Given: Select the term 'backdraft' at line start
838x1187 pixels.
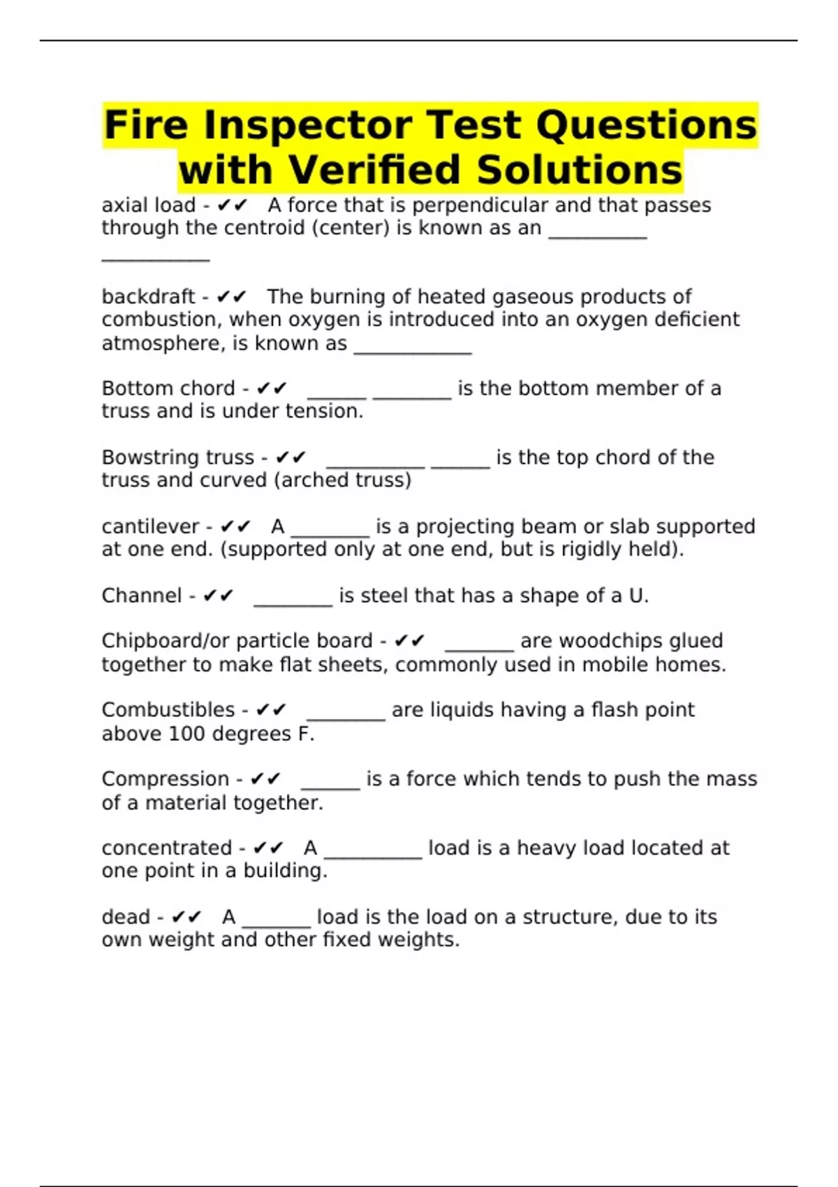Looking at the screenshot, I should pyautogui.click(x=148, y=297).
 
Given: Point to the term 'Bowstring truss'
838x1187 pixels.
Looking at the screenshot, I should pyautogui.click(x=177, y=457).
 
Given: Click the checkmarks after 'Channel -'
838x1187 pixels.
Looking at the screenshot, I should pyautogui.click(x=218, y=596).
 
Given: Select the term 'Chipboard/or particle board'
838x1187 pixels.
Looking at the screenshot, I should pyautogui.click(x=237, y=641).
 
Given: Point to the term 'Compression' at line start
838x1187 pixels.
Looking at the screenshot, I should pyautogui.click(x=165, y=779).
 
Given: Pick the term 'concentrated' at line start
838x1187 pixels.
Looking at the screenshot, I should pyautogui.click(x=166, y=848).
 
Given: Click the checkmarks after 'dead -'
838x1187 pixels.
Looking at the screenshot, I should pyautogui.click(x=186, y=917).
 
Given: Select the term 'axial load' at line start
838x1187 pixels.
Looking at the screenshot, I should pyautogui.click(x=148, y=205).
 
